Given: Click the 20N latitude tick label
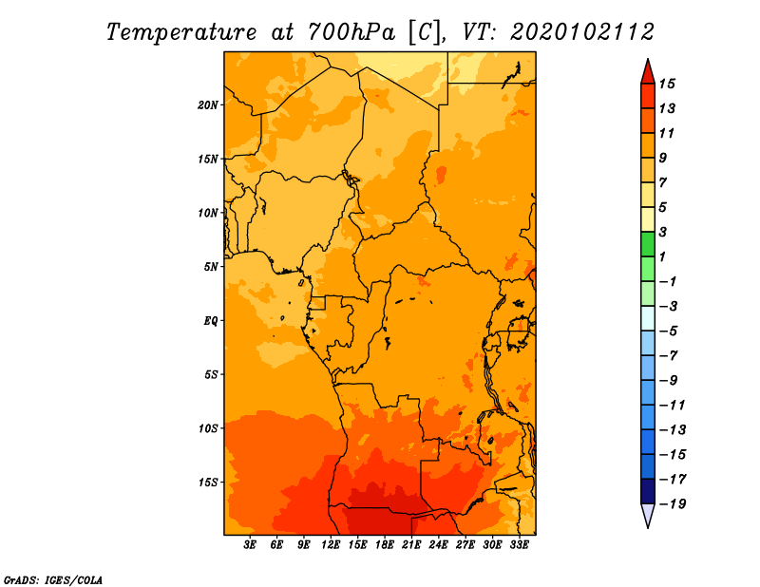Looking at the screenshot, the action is (208, 105).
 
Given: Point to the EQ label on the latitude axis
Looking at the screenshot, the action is (211, 321).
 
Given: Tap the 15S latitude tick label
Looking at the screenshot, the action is (208, 483).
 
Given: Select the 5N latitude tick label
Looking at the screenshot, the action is (211, 267).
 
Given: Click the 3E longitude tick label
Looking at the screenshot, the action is (250, 545).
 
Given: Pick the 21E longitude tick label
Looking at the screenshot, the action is (411, 545).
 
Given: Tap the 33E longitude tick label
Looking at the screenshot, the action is (519, 545).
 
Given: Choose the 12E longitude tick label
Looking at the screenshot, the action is (331, 545).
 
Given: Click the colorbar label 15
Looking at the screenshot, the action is (667, 84).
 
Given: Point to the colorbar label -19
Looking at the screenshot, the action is (673, 504).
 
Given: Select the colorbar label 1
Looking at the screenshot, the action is (662, 256).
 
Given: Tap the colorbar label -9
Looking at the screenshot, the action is (669, 381).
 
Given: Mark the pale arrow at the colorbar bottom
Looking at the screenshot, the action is (648, 514).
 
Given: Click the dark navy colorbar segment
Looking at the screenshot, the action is (648, 491).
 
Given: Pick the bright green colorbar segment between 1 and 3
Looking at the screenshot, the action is (648, 244).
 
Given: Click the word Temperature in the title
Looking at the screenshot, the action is (181, 32).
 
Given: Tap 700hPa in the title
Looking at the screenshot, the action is (351, 32).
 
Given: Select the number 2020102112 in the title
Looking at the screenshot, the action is (582, 32).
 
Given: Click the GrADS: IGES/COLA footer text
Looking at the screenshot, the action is (53, 580).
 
